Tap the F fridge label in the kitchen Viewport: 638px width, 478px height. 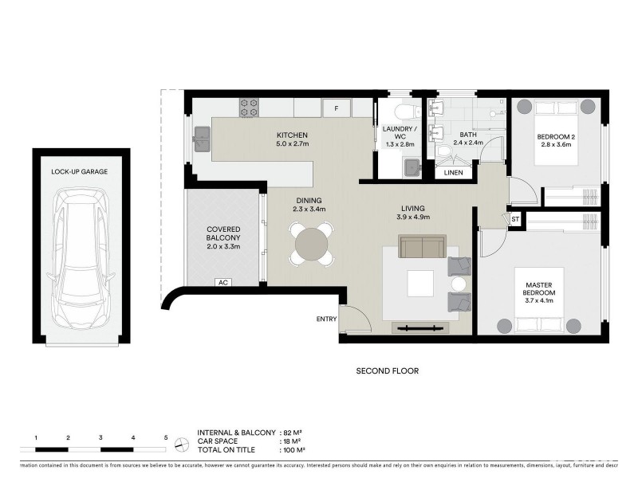[x=337, y=108]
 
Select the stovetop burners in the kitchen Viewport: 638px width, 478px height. [x=248, y=107]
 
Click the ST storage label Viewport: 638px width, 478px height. [x=515, y=218]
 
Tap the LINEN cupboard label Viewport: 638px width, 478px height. [x=453, y=171]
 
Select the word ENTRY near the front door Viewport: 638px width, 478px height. [x=325, y=319]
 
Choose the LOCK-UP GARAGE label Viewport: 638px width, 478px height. [x=79, y=171]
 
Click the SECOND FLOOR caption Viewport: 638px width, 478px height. [x=387, y=370]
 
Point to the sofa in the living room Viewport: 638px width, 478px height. [x=423, y=247]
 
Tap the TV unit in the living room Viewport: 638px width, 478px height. [x=419, y=327]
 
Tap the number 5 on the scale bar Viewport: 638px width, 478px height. [x=166, y=437]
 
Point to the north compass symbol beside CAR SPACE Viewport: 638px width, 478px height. [x=182, y=442]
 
